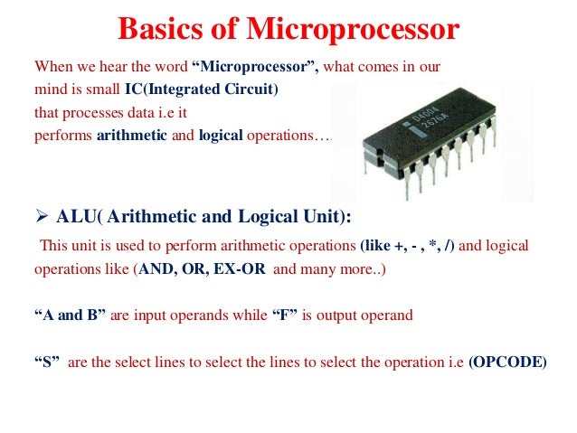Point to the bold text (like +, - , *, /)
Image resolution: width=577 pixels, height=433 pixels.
[x=413, y=246]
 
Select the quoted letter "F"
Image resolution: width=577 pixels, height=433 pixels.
[x=266, y=316]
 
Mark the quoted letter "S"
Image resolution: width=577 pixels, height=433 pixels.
[x=48, y=363]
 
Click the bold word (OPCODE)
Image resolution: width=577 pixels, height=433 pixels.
[x=506, y=363]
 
